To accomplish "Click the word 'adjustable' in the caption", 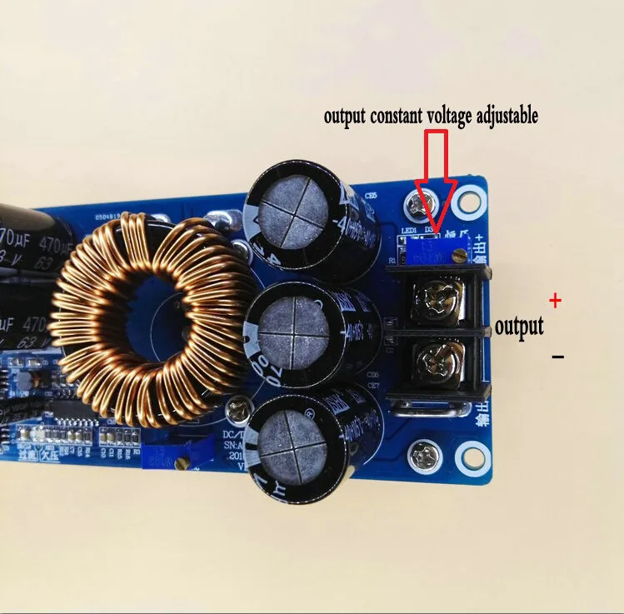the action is pyautogui.click(x=496, y=117).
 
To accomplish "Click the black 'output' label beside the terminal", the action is pyautogui.click(x=518, y=326).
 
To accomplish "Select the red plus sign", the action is pyautogui.click(x=556, y=300).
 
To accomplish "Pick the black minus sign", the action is pyautogui.click(x=557, y=357).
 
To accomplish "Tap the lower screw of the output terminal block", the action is pyautogui.click(x=435, y=362).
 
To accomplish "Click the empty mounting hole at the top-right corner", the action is pyautogui.click(x=470, y=200).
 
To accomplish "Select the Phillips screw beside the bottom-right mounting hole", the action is pyautogui.click(x=421, y=455).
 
